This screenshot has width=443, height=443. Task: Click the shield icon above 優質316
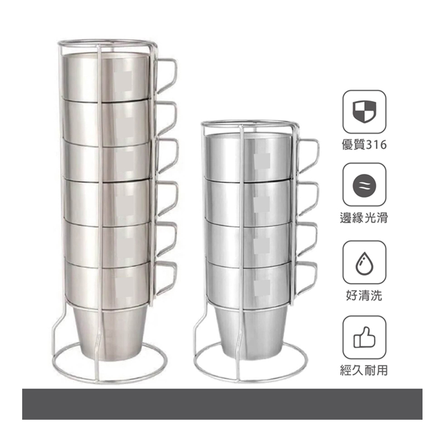tap(364, 112)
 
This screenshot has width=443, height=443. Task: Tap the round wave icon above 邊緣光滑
tap(364, 186)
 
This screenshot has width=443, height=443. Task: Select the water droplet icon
tap(364, 264)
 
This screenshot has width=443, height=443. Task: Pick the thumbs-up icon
tap(364, 337)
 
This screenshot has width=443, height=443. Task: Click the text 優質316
tap(364, 145)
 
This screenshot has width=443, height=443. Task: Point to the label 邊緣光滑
tap(364, 218)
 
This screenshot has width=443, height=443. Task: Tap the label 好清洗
tap(364, 296)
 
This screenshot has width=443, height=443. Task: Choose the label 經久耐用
tap(364, 370)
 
